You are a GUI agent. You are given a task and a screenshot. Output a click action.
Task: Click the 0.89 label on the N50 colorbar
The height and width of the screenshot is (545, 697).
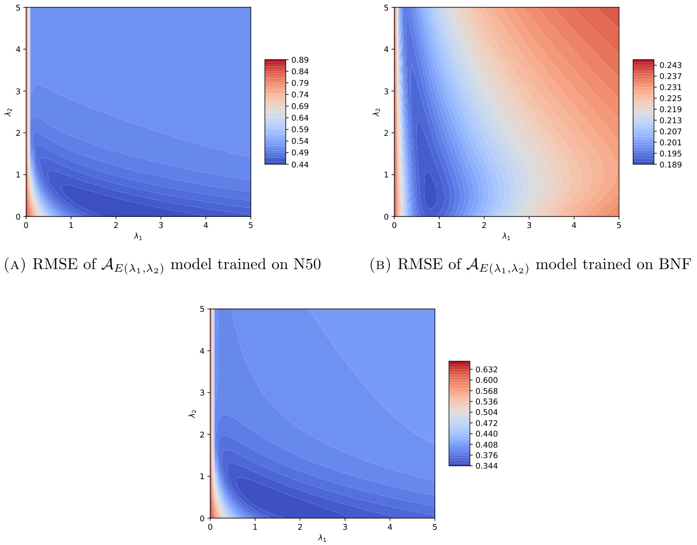pyautogui.click(x=300, y=60)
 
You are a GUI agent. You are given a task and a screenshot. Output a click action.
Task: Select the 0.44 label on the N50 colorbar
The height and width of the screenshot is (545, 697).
pyautogui.click(x=300, y=164)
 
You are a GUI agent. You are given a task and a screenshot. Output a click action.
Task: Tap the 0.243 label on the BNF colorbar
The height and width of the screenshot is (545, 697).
pyautogui.click(x=671, y=65)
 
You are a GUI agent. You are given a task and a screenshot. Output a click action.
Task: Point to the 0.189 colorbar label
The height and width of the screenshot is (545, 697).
pyautogui.click(x=671, y=164)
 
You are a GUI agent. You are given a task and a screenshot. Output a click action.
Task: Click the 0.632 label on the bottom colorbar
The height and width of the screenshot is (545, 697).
pyautogui.click(x=487, y=370)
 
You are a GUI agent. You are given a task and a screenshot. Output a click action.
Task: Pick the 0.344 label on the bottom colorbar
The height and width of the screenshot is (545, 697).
pyautogui.click(x=487, y=465)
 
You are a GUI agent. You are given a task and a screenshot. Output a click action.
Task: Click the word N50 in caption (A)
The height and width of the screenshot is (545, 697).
pyautogui.click(x=307, y=264)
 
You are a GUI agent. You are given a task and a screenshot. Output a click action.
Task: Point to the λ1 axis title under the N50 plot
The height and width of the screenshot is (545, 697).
pyautogui.click(x=138, y=237)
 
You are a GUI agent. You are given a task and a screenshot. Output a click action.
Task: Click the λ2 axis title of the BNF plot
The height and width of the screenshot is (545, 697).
pyautogui.click(x=376, y=112)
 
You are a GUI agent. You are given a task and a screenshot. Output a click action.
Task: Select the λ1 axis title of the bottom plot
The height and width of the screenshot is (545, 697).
pyautogui.click(x=322, y=538)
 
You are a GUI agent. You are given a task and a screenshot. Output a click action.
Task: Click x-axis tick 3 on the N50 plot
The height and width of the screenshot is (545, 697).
pyautogui.click(x=161, y=225)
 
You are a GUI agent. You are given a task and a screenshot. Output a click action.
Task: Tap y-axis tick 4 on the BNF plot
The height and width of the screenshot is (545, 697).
pyautogui.click(x=386, y=49)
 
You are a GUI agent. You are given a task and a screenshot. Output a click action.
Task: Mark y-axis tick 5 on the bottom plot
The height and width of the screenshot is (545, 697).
pyautogui.click(x=202, y=309)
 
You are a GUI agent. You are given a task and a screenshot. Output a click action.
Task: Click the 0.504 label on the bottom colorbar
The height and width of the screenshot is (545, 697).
pyautogui.click(x=487, y=412)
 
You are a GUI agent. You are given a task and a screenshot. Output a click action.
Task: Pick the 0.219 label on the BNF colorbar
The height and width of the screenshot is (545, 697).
pyautogui.click(x=671, y=110)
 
